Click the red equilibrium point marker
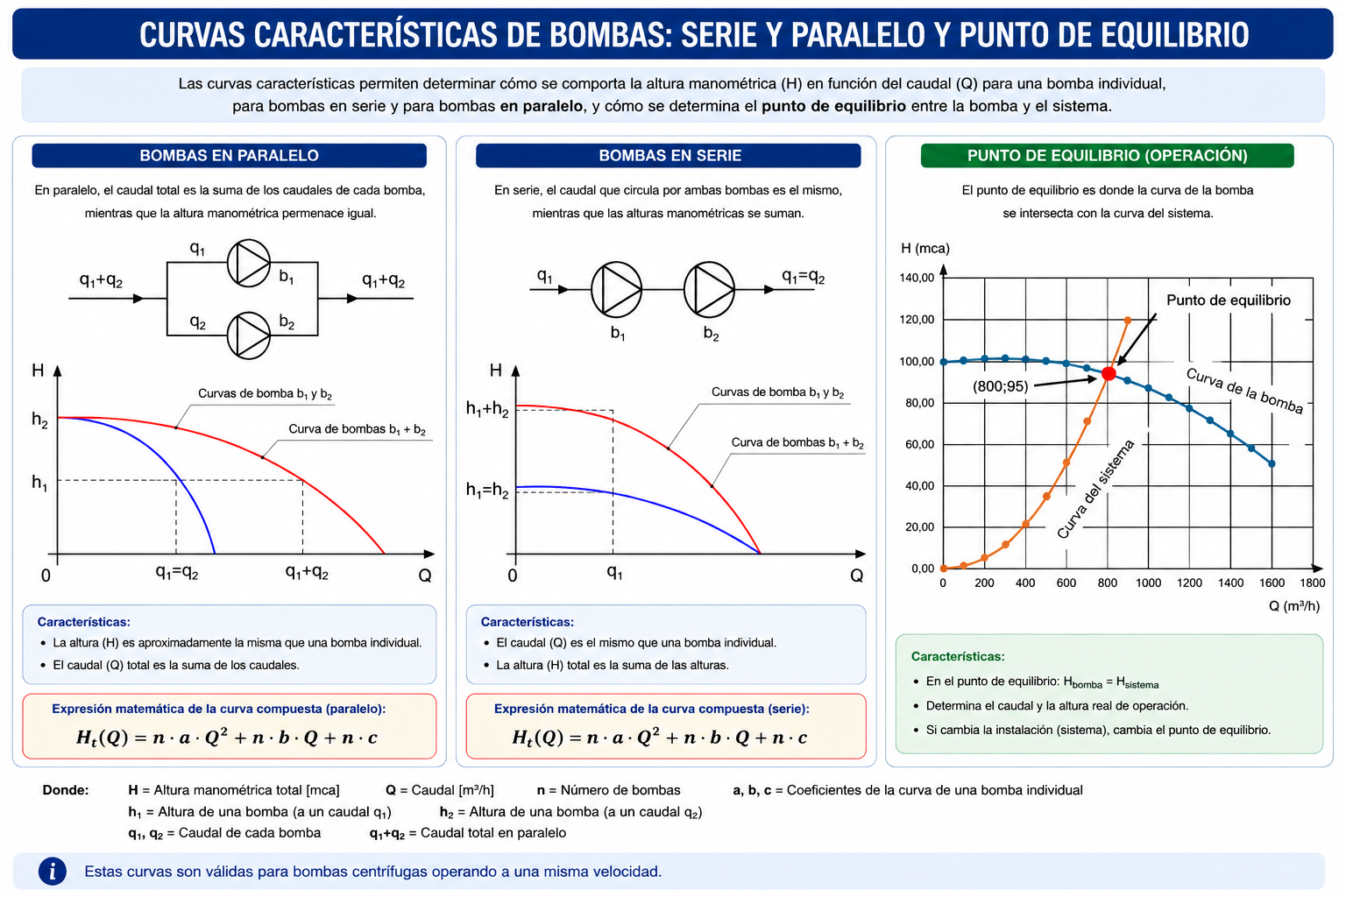[1109, 374]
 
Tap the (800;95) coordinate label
[1000, 386]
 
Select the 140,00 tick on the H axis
[917, 278]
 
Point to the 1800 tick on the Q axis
[1313, 583]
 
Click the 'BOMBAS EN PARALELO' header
[229, 156]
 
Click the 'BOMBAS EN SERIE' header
[669, 156]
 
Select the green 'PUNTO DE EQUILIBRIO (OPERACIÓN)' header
[1108, 156]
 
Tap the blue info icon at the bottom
[53, 872]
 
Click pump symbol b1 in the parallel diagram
[249, 263]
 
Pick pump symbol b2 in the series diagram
[709, 290]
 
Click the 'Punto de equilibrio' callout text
[1229, 300]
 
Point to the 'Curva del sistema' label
[1095, 489]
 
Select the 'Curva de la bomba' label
[1244, 391]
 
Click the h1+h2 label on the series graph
[487, 409]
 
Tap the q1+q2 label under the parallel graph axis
[307, 572]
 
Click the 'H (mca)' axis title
[925, 248]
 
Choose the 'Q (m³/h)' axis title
[1294, 605]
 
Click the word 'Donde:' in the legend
[66, 790]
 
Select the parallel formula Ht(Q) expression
[227, 737]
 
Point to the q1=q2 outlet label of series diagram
[803, 277]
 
